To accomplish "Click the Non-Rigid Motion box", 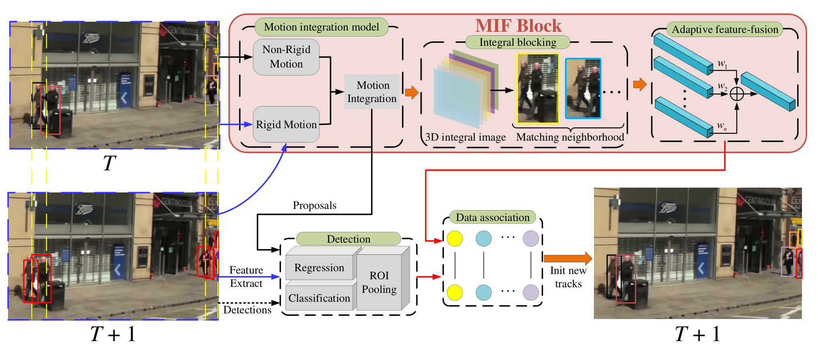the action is pos(286,57).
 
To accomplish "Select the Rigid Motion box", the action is pos(286,124).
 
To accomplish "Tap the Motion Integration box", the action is pos(372,92).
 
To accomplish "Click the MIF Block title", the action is pos(518,26).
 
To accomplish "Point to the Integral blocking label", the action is pos(518,42).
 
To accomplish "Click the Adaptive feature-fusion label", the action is pos(725,29).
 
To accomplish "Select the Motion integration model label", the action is pos(322,27).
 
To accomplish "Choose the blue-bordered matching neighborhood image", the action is pos(583,88).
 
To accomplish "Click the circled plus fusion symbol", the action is pos(737,94).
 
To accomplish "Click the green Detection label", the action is pos(349,239).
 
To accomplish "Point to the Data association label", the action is pos(493,217).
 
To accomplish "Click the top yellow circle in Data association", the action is pos(455,238).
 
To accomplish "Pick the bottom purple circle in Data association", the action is pos(531,292).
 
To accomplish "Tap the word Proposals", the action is pos(314,206).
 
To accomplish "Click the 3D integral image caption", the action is pos(465,137).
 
